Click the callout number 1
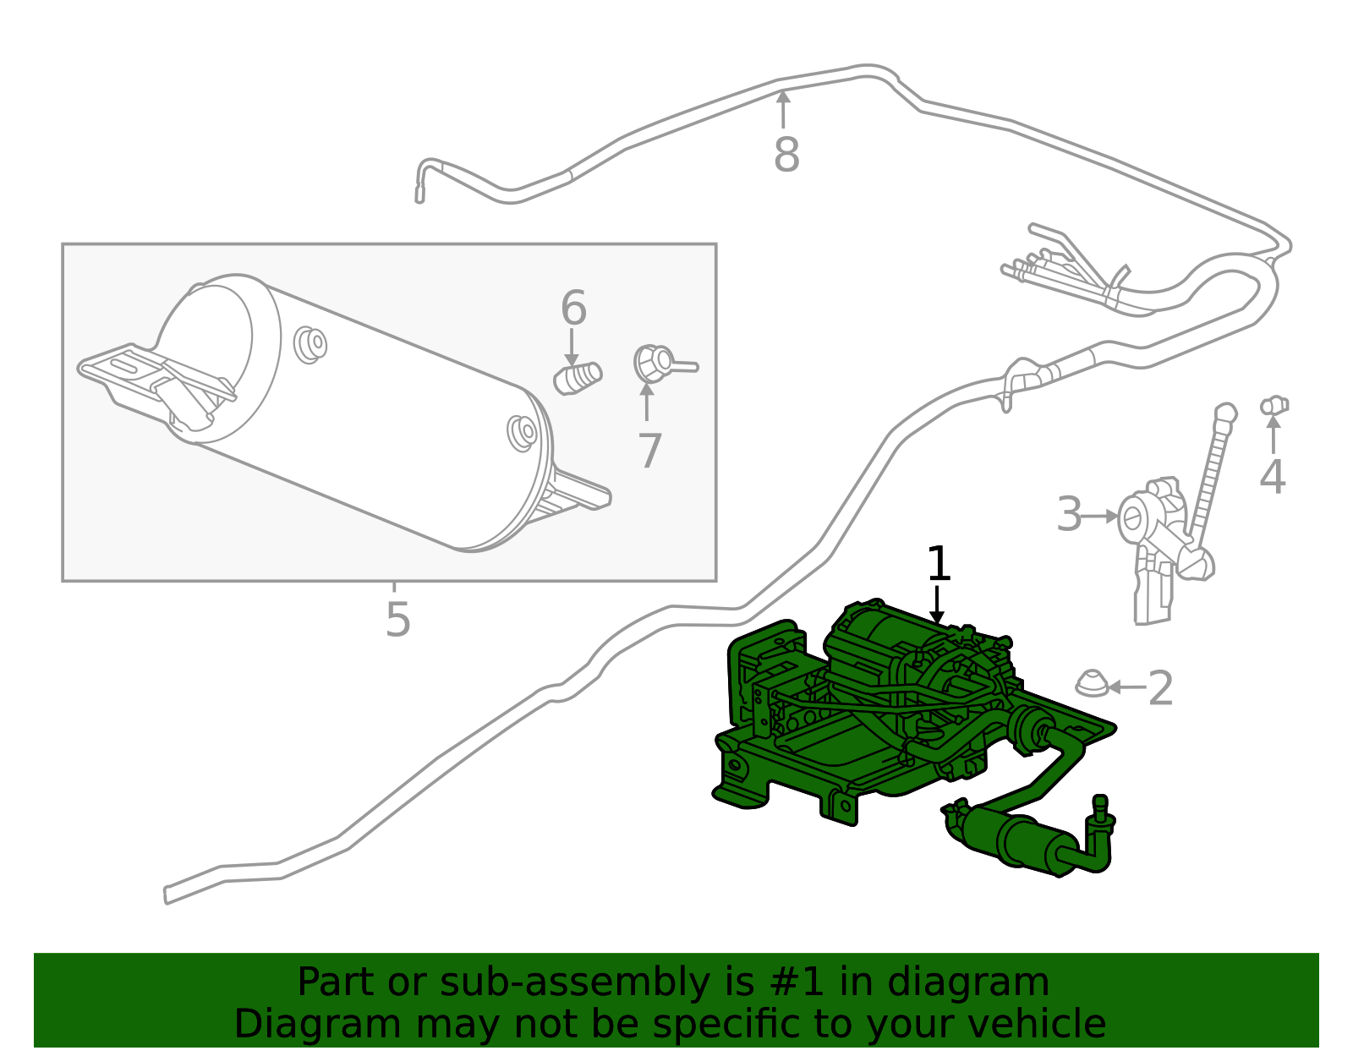pyautogui.click(x=939, y=564)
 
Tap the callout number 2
pyautogui.click(x=1161, y=687)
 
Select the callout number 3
pyautogui.click(x=1069, y=514)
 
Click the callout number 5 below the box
pyautogui.click(x=397, y=619)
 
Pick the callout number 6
pyautogui.click(x=573, y=308)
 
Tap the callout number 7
pyautogui.click(x=649, y=451)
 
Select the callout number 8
pyautogui.click(x=786, y=155)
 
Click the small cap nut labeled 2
pyautogui.click(x=1092, y=683)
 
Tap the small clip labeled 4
pyautogui.click(x=1274, y=406)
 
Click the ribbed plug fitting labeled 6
pyautogui.click(x=578, y=378)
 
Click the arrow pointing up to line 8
pyautogui.click(x=784, y=109)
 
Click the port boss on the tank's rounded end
pyautogui.click(x=522, y=431)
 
